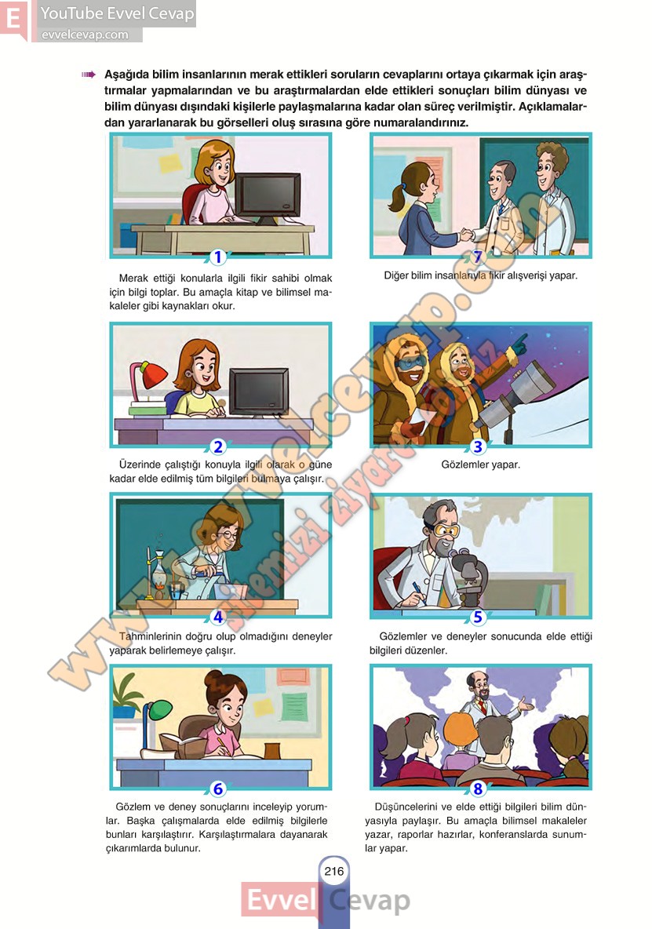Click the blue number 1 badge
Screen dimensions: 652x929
click(218, 257)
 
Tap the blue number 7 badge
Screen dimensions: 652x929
click(478, 257)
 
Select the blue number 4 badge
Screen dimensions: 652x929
click(218, 617)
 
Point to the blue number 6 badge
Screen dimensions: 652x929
click(218, 789)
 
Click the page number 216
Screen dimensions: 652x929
click(334, 871)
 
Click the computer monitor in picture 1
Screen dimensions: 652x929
click(268, 199)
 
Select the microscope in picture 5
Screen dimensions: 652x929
click(470, 577)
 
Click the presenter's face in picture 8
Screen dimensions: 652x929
click(477, 688)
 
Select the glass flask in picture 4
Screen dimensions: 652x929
click(159, 574)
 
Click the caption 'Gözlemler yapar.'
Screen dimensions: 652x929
click(480, 464)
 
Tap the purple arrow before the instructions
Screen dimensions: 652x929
click(88, 75)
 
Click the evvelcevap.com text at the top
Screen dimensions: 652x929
click(85, 35)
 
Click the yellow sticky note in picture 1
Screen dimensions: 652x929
click(170, 163)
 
